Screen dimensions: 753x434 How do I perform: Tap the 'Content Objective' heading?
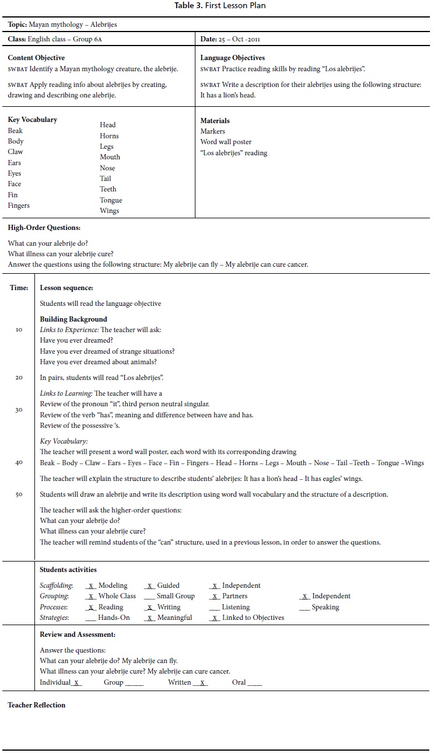36,58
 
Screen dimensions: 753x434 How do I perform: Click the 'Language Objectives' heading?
232,58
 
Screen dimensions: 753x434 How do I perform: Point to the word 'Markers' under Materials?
212,131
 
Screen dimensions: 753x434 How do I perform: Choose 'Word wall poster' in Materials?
226,142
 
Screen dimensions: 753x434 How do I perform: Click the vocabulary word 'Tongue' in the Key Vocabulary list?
111,200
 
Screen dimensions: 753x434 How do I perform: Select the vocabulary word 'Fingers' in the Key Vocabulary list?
19,205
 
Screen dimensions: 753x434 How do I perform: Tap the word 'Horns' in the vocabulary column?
109,135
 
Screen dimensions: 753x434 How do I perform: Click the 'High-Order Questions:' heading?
44,228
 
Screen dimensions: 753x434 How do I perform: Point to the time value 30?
19,410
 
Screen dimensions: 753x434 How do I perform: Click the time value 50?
19,494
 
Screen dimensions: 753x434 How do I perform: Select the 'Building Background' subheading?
73,319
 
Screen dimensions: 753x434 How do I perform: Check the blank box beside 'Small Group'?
148,596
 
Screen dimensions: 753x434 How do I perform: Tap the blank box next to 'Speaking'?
304,607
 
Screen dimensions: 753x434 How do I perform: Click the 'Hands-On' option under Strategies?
114,618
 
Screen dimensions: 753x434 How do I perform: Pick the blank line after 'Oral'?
254,682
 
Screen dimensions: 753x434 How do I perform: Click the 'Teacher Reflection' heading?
36,705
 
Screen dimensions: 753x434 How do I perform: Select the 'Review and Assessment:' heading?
78,635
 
